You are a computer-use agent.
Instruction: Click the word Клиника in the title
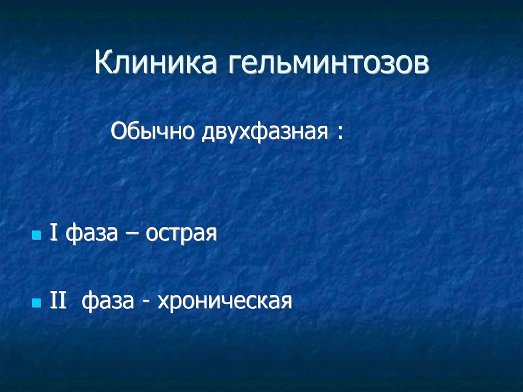pos(156,62)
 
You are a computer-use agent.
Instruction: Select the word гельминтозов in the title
pos(329,62)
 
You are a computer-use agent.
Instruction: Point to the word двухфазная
pos(265,132)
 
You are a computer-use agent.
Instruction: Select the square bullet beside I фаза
pos(36,235)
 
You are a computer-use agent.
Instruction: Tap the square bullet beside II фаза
pos(36,303)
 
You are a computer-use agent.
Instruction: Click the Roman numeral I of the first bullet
pos(53,232)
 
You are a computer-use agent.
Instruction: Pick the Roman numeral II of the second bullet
pos(58,300)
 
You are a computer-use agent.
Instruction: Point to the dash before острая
pos(132,234)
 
